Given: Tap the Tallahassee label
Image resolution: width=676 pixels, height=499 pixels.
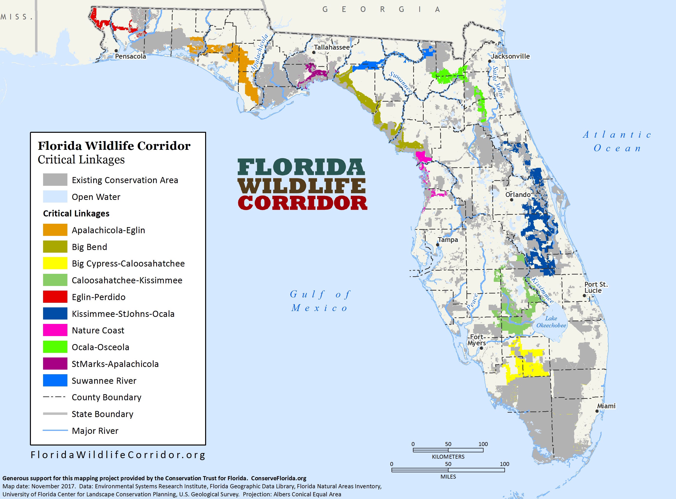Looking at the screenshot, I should tap(332, 47).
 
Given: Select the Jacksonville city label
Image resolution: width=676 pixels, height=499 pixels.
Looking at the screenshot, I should tap(510, 56).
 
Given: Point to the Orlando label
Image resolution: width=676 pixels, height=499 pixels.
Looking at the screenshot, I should tap(518, 195).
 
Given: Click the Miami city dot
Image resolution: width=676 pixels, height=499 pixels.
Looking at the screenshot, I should tap(597, 411).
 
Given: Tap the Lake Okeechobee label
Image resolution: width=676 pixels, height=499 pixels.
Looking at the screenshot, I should tap(551, 322).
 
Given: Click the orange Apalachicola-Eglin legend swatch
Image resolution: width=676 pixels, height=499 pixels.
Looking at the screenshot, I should tap(55, 230).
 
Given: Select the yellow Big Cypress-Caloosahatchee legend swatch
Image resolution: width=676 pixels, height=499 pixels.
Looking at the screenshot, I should tap(55, 263).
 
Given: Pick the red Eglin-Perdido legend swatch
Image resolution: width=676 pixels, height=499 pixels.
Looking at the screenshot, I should tap(55, 297).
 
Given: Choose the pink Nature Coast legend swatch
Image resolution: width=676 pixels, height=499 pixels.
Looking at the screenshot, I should tap(55, 330).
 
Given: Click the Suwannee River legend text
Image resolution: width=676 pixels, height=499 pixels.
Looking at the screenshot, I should tap(104, 381).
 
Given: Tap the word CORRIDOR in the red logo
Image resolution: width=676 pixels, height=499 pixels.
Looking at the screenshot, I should tap(302, 203).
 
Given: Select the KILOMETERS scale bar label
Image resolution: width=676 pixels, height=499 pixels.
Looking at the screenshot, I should tap(448, 457).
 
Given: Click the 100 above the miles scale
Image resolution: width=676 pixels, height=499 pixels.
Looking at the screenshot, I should tap(504, 464).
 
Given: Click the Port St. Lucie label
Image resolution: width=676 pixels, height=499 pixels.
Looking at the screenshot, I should tap(596, 287).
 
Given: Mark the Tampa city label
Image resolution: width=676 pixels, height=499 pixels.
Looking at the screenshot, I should tap(448, 240).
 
